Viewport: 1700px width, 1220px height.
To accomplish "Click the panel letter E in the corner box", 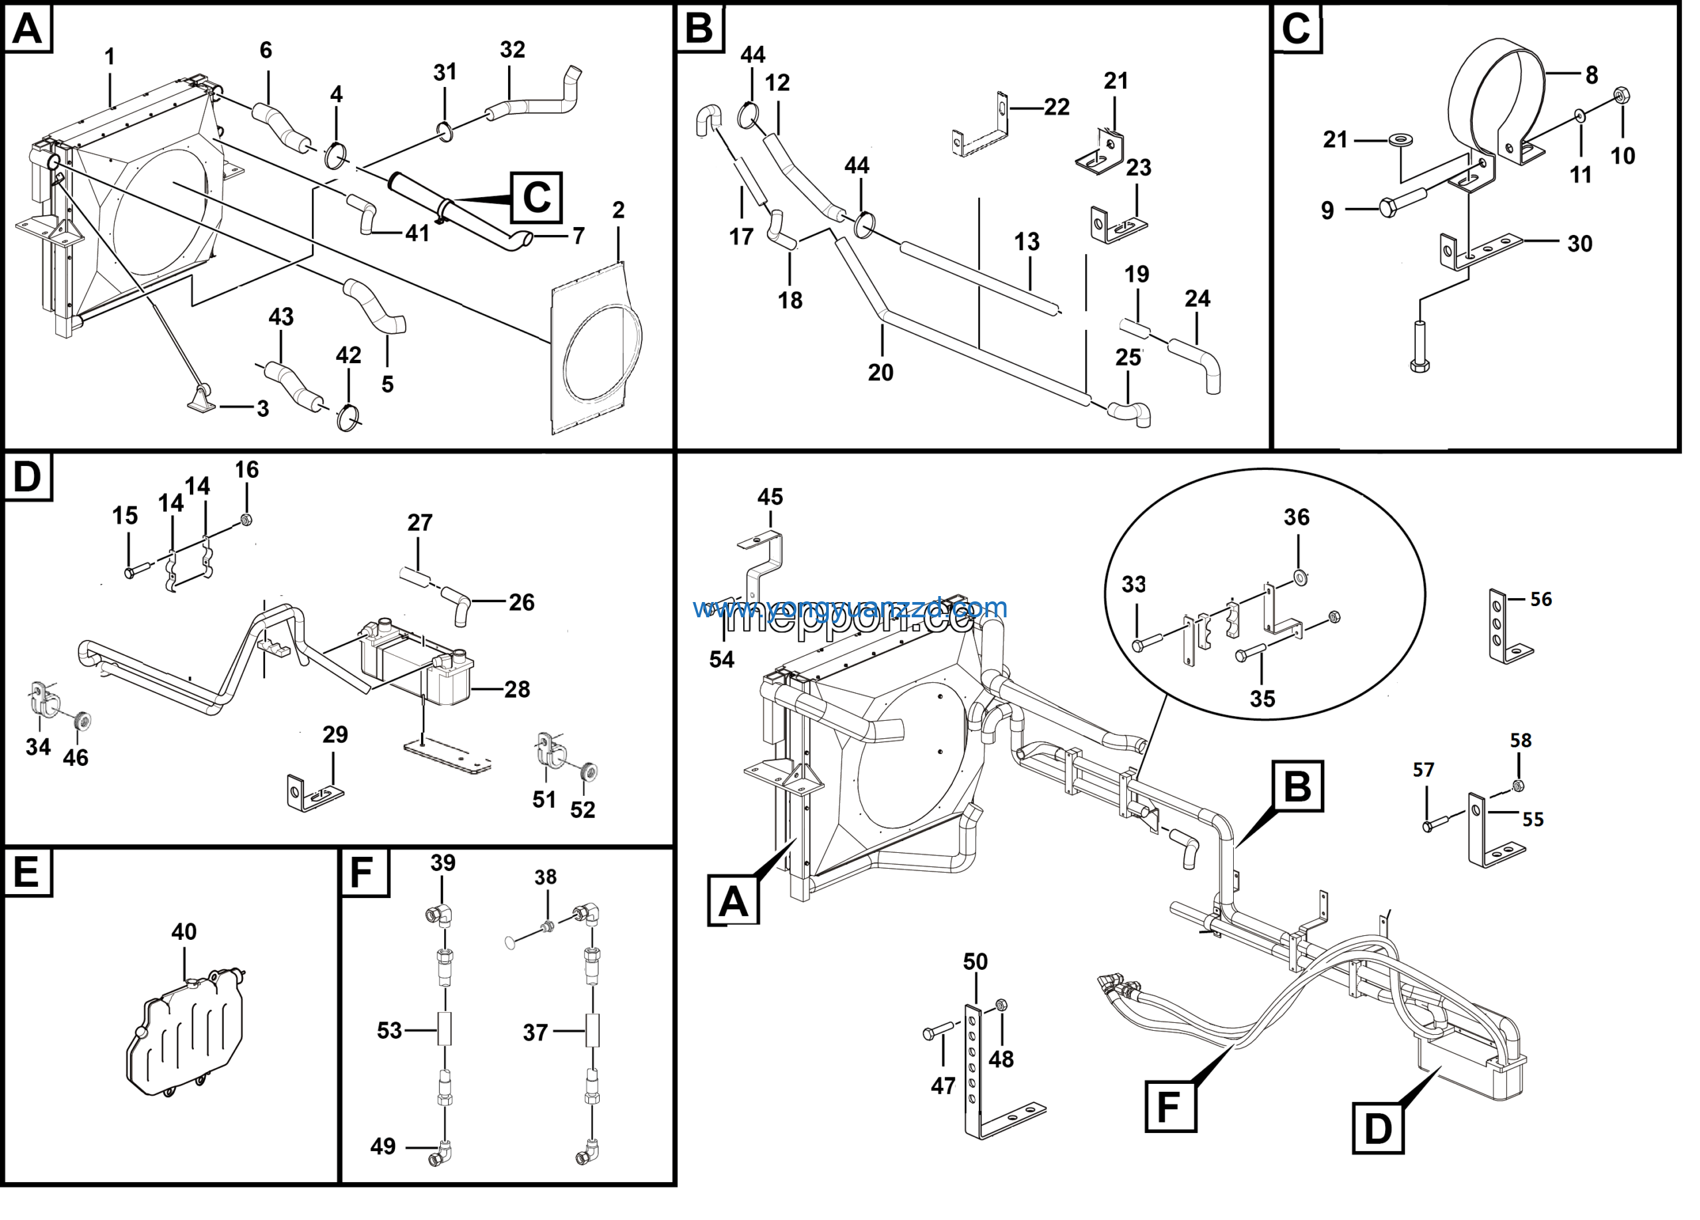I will point(27,872).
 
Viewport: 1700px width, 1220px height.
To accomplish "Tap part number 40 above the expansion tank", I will point(185,931).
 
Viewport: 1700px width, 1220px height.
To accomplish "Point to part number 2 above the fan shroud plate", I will point(619,210).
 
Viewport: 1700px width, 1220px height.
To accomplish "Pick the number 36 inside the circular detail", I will point(1298,517).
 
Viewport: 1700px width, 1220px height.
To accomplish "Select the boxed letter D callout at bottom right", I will point(1379,1128).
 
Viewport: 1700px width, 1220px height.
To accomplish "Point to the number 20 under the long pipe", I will point(881,372).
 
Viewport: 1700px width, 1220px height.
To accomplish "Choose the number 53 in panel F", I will point(390,1030).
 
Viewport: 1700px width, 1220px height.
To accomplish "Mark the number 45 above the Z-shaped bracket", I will point(770,497).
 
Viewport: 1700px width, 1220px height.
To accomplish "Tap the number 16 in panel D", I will point(247,470).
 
